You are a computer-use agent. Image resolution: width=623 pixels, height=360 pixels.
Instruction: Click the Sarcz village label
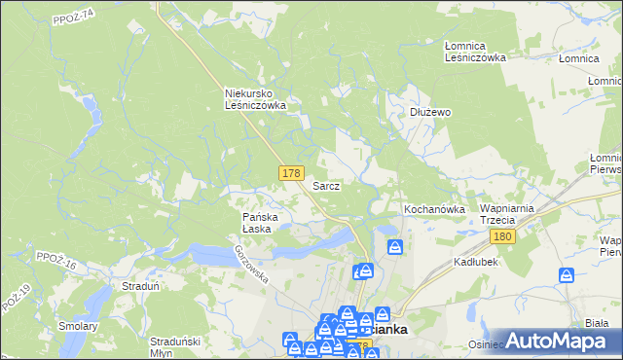[326, 185]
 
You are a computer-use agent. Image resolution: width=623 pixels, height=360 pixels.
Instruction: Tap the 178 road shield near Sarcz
[290, 173]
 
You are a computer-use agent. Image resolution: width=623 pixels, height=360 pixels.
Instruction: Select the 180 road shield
[502, 237]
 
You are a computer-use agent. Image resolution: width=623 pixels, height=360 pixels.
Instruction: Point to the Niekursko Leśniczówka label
[255, 98]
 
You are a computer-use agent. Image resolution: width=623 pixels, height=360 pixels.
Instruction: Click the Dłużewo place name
[428, 112]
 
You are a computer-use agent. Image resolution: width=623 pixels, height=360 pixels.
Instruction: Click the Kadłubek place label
[476, 263]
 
